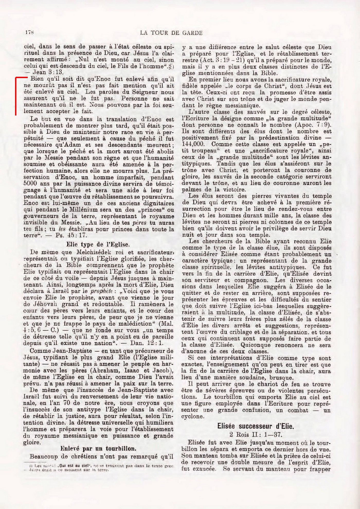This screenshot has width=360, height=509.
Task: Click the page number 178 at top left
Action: coord(30,33)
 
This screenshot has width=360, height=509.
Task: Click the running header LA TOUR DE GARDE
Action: coord(172,33)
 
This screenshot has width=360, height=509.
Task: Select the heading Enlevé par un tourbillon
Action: coord(98,449)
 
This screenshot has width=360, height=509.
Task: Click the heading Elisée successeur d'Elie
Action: coord(255,426)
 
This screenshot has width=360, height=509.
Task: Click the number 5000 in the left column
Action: coord(31,184)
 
